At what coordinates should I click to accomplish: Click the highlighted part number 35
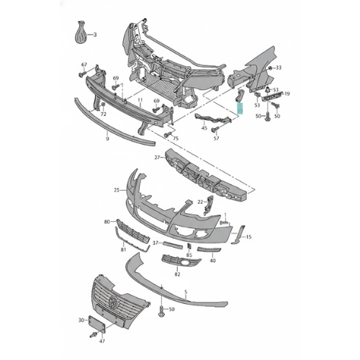(240, 108)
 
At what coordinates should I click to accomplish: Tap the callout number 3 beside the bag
(95, 35)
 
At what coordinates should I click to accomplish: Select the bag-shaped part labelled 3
(81, 32)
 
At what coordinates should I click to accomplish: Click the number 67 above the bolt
(84, 65)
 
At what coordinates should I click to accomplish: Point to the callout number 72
(103, 114)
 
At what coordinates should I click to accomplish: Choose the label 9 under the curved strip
(107, 138)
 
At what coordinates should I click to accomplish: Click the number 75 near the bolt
(176, 138)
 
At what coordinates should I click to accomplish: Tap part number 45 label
(204, 128)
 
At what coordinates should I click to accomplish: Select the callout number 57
(217, 138)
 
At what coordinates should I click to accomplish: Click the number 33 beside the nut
(279, 68)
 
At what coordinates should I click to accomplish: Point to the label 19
(287, 94)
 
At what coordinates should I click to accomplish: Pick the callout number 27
(157, 158)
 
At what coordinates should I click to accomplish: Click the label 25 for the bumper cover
(117, 190)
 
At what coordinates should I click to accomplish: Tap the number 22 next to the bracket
(200, 202)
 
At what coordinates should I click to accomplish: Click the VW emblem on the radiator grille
(112, 302)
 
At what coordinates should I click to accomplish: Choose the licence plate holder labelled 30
(97, 324)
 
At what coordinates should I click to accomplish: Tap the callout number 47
(102, 341)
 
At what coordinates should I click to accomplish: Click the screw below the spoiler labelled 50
(161, 311)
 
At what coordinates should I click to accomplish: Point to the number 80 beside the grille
(107, 222)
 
